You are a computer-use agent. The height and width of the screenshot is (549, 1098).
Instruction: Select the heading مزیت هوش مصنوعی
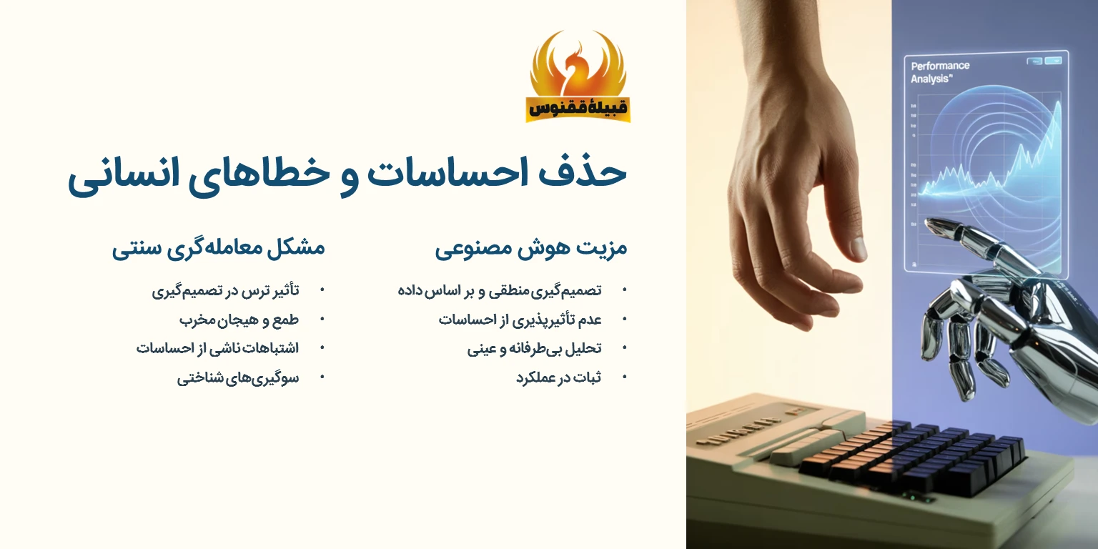[x=530, y=249]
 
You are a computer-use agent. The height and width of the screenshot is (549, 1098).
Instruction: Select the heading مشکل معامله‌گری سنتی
[x=218, y=249]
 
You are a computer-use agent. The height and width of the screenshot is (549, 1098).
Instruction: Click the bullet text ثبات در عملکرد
[x=558, y=377]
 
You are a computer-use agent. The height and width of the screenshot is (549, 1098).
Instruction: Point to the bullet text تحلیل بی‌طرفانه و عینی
[x=534, y=349]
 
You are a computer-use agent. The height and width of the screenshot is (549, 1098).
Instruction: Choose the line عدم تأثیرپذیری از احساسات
[x=520, y=320]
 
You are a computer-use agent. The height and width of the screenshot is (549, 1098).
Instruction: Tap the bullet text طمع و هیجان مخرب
[x=239, y=320]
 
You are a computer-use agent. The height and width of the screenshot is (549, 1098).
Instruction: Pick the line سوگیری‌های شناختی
[x=238, y=377]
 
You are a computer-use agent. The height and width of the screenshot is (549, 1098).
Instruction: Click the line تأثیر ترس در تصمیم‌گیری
[x=225, y=290]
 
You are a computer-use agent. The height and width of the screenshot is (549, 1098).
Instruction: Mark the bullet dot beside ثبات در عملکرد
[x=625, y=377]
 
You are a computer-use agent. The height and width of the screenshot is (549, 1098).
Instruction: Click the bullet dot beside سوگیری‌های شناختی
[x=322, y=377]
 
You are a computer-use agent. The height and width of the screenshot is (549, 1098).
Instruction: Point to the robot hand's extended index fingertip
[x=929, y=224]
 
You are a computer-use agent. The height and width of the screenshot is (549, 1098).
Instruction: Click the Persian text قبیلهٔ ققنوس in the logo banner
[x=578, y=108]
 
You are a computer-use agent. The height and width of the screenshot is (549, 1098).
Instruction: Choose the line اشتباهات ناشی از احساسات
[x=217, y=348]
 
